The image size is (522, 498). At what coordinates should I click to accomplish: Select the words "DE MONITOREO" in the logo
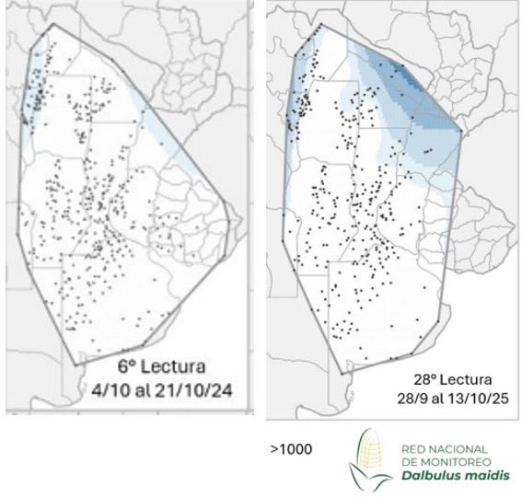pyautogui.click(x=438, y=461)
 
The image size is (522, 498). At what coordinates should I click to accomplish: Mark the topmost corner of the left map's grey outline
pyautogui.click(x=52, y=25)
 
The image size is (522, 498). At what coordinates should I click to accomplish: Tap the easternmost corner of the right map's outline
pyautogui.click(x=462, y=130)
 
